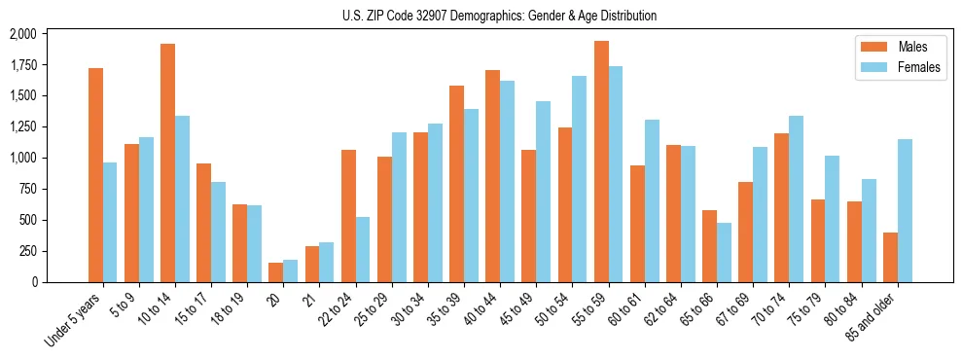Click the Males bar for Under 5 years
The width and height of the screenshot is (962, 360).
[95, 175]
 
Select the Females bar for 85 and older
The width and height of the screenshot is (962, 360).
[905, 210]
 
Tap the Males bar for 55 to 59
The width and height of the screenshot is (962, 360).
[601, 162]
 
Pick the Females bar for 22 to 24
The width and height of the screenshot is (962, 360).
[363, 249]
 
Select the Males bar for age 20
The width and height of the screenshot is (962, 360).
[276, 272]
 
